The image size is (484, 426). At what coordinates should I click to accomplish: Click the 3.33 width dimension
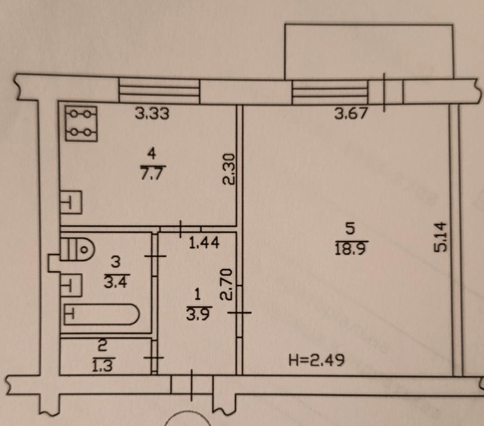pyautogui.click(x=152, y=113)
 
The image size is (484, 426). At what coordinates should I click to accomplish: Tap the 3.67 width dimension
pyautogui.click(x=352, y=113)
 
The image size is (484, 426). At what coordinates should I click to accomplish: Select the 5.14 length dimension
pyautogui.click(x=440, y=236)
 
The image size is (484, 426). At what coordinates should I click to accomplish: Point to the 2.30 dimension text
pyautogui.click(x=229, y=169)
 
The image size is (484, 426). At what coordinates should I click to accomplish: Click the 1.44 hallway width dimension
pyautogui.click(x=204, y=243)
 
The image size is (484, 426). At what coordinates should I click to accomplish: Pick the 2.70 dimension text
pyautogui.click(x=226, y=284)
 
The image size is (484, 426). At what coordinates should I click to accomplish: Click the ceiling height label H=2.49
pyautogui.click(x=316, y=360)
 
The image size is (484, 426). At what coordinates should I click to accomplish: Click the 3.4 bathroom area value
pyautogui.click(x=116, y=282)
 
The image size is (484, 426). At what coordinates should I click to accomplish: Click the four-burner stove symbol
pyautogui.click(x=81, y=123)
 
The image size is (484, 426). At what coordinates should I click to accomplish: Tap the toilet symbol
pyautogui.click(x=78, y=249)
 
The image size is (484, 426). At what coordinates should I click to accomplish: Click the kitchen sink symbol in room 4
pyautogui.click(x=71, y=202)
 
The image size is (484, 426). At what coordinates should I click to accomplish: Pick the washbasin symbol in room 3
pyautogui.click(x=71, y=285)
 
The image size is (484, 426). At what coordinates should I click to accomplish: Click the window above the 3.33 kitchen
pyautogui.click(x=159, y=91)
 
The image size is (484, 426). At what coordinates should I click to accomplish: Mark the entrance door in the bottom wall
pyautogui.click(x=192, y=385)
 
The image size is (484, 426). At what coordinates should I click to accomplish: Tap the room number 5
pyautogui.click(x=350, y=229)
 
